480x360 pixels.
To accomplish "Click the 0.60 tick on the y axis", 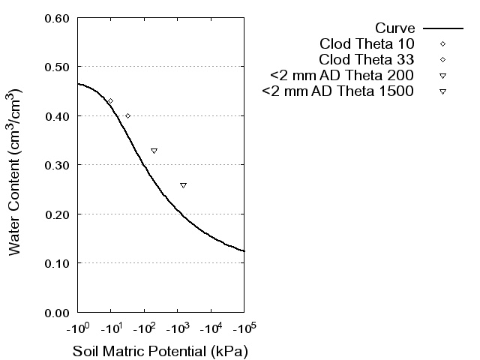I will [x=57, y=18].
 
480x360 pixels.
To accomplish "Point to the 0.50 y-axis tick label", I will [x=57, y=67].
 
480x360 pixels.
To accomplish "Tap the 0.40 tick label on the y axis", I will [x=57, y=116].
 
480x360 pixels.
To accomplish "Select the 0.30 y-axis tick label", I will [x=57, y=165].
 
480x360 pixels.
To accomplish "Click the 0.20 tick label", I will [x=57, y=214].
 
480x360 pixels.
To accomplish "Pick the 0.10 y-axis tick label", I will [x=57, y=263].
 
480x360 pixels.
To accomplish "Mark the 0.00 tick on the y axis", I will [x=57, y=312].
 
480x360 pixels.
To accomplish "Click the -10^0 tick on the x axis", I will [x=77, y=328].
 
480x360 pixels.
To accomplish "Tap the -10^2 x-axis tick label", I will [x=144, y=328].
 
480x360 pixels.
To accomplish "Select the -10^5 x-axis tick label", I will [x=243, y=328].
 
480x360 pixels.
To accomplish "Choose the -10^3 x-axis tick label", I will [x=177, y=328].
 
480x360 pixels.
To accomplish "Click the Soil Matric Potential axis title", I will [x=160, y=350].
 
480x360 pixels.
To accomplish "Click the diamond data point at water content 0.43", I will [x=110, y=101].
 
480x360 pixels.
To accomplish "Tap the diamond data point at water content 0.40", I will [x=127, y=116].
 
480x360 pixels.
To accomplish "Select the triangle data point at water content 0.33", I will [x=154, y=151].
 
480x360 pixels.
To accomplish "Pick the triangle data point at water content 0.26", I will [x=183, y=185].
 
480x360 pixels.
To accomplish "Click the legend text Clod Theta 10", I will [x=367, y=43].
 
